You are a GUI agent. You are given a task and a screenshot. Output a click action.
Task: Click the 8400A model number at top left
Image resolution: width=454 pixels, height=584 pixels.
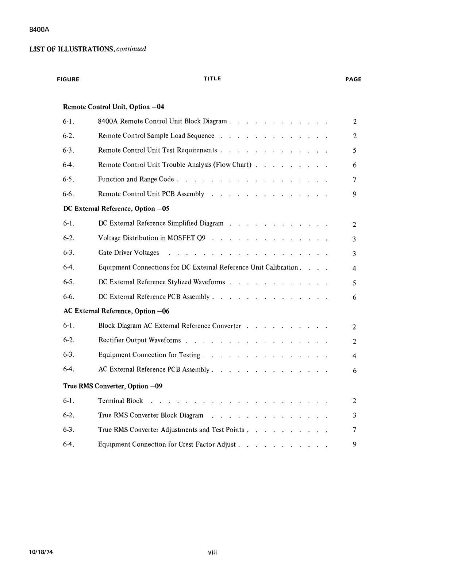click(39, 30)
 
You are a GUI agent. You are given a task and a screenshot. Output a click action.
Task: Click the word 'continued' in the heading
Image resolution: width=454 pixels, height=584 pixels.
click(131, 49)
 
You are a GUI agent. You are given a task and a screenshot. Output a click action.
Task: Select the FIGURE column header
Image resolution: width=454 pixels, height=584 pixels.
click(68, 79)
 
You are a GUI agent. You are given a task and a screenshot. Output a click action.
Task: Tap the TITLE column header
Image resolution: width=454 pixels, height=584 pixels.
click(212, 78)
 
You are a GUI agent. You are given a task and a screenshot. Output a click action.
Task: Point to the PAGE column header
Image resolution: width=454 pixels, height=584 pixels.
click(353, 79)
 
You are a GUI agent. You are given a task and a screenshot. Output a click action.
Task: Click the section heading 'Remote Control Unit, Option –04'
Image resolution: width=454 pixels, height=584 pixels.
click(113, 107)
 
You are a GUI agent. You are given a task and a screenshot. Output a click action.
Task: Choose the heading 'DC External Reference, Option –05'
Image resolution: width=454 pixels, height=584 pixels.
click(116, 209)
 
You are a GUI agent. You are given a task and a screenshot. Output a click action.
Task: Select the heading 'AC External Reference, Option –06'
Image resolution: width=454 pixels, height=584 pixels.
click(116, 311)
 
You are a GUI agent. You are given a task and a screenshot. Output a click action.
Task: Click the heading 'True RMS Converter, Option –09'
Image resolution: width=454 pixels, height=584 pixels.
click(112, 386)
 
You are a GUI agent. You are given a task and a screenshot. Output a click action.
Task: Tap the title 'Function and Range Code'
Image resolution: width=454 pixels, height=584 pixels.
click(136, 179)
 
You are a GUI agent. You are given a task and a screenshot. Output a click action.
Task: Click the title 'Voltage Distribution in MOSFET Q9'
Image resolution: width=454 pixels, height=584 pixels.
click(151, 238)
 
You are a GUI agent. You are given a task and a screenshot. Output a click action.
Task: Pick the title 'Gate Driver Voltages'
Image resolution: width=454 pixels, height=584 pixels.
click(128, 253)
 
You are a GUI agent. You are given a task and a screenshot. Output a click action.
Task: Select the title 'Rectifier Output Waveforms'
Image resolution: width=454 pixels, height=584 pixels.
click(139, 340)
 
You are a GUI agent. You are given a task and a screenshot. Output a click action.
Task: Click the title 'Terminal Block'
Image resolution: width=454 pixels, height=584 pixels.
click(120, 401)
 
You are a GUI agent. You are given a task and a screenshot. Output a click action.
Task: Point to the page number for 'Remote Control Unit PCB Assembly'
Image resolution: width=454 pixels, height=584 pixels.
click(354, 194)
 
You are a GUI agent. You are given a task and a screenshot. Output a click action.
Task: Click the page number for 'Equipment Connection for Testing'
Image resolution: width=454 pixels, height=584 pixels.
click(354, 356)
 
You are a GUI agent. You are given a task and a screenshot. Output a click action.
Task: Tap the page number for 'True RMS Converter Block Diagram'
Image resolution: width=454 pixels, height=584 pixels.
click(354, 415)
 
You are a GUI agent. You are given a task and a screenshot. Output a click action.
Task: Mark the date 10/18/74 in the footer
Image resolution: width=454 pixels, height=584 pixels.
click(41, 552)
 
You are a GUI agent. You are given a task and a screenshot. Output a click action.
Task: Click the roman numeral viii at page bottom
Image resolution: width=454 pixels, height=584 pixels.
click(212, 553)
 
